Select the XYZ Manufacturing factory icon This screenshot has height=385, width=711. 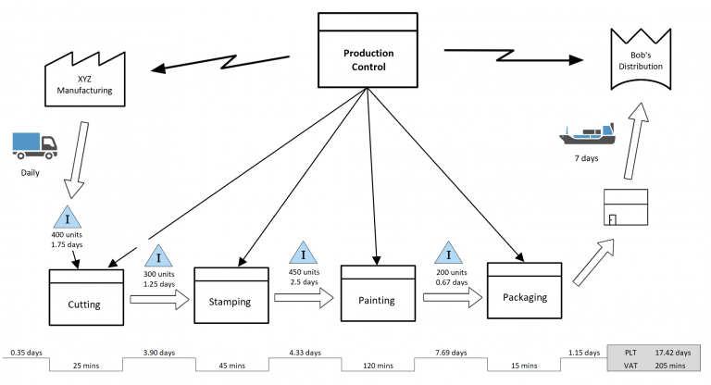[x=84, y=81]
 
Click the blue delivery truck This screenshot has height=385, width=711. [x=34, y=143]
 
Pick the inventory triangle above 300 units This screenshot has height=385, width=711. [x=159, y=256]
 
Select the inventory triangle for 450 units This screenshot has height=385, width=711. [x=304, y=255]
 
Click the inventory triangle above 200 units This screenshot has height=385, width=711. [x=449, y=254]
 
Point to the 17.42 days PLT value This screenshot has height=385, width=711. [x=674, y=354]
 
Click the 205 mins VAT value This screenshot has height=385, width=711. [x=674, y=367]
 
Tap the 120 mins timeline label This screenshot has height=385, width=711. [x=377, y=367]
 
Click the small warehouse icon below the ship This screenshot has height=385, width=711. [x=625, y=208]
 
